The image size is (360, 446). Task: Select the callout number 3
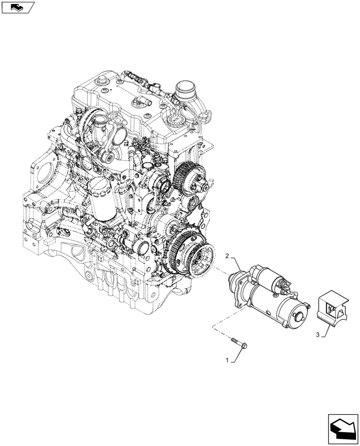coord(318,334)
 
